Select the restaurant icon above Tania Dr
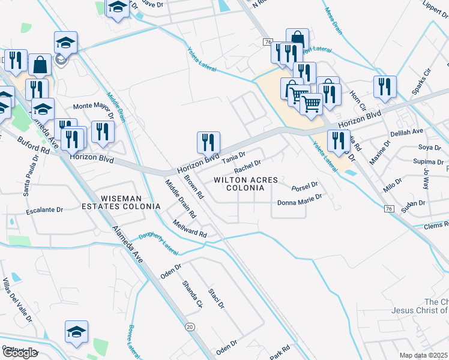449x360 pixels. [x=208, y=143]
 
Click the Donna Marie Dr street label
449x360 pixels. [x=300, y=203]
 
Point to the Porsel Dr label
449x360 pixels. [x=304, y=187]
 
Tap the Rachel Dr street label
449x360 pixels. [x=247, y=166]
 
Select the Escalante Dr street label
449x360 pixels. [x=44, y=211]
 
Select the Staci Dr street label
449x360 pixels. [x=216, y=298]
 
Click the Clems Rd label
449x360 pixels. [x=436, y=225]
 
